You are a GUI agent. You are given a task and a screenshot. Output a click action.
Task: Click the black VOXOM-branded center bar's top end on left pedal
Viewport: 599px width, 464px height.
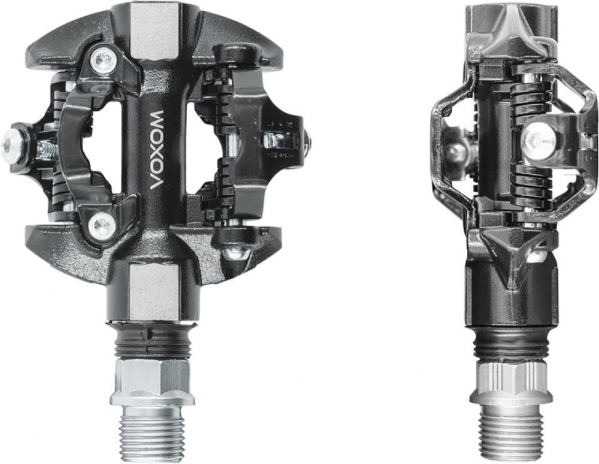point(157,84)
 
